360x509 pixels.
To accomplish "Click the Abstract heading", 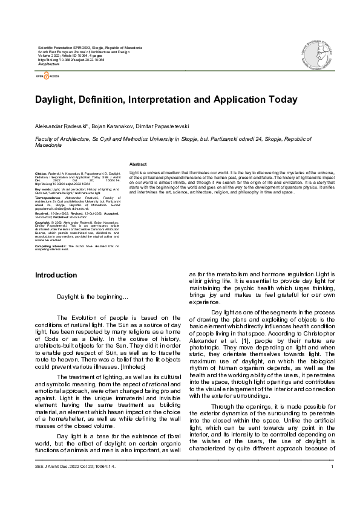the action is click(x=138, y=164).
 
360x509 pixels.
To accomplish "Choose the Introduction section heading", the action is click(x=56, y=275).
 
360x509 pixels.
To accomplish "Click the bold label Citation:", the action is click(x=42, y=172).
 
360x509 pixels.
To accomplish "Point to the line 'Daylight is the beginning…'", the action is click(x=93, y=297).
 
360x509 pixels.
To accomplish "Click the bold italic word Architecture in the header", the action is click(x=49, y=64).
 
